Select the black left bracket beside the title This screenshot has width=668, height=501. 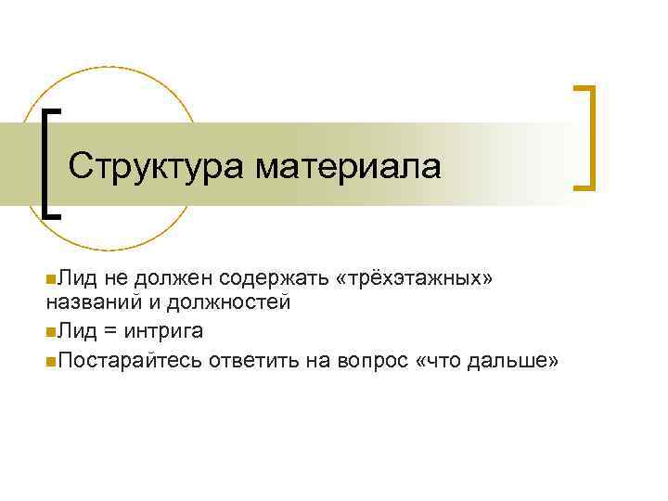coord(49,161)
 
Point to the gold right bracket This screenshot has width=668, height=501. coord(585,137)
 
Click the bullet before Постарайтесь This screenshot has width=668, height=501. coord(49,361)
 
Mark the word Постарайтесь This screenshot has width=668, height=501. coord(129,360)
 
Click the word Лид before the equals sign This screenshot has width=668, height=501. coord(71,330)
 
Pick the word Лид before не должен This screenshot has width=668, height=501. coord(71,277)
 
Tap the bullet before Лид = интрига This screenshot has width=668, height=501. coord(49,331)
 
